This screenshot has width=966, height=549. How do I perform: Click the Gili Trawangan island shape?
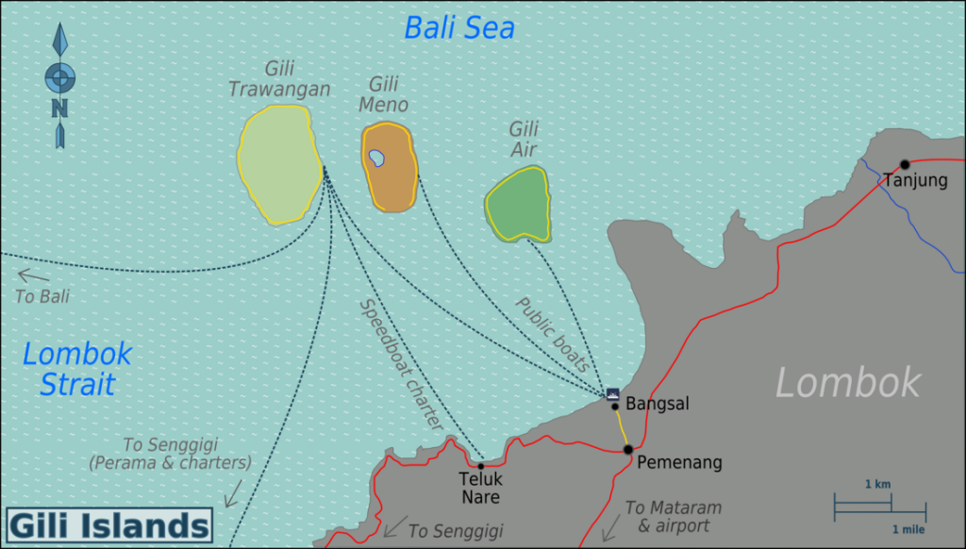[278, 165]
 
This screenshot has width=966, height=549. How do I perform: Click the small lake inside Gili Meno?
[376, 158]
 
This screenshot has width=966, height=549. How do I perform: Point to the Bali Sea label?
[459, 28]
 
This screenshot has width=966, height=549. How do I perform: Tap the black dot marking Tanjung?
[905, 164]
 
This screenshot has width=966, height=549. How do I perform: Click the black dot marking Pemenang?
[627, 450]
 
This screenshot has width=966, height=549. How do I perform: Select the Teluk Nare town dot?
[480, 466]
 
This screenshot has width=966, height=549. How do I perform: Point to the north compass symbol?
[59, 85]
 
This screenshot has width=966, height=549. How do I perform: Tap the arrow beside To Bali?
[33, 275]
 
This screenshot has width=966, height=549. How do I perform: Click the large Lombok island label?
[847, 383]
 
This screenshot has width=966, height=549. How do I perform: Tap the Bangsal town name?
[658, 404]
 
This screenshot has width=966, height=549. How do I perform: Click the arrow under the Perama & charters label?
[232, 491]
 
